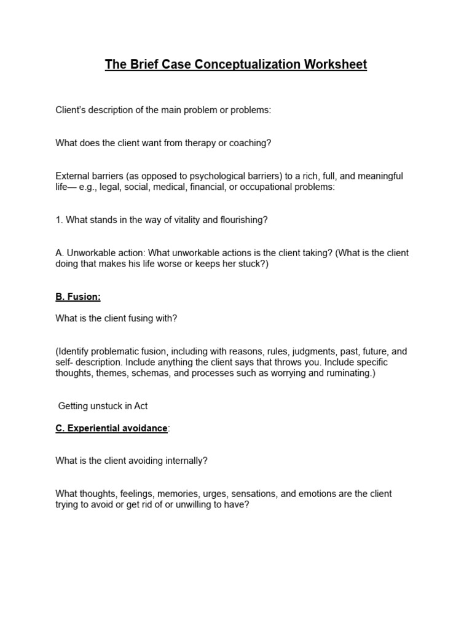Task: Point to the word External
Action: pos(73,176)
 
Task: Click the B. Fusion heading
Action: pos(78,297)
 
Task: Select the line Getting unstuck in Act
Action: pos(103,406)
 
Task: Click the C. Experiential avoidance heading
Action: pos(111,428)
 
